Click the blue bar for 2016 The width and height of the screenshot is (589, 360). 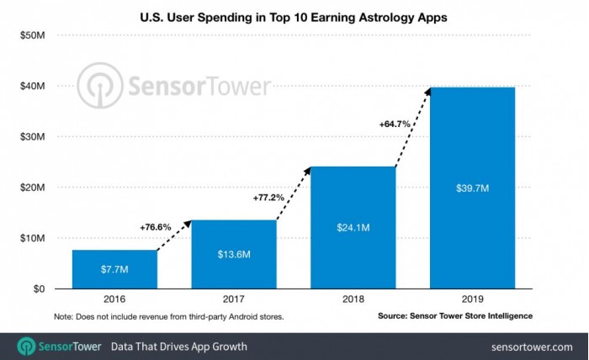coord(114,269)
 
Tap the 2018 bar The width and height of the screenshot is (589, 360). coord(353,227)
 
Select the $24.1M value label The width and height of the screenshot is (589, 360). coord(353,228)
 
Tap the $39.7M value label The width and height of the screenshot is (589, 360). coord(472,188)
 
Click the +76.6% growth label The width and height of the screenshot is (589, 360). coord(156,226)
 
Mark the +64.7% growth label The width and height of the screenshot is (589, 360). coord(395,123)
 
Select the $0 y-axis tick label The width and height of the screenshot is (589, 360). coord(40,289)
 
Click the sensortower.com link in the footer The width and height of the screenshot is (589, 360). coord(531,347)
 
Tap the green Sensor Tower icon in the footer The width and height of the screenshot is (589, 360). coord(26,346)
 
